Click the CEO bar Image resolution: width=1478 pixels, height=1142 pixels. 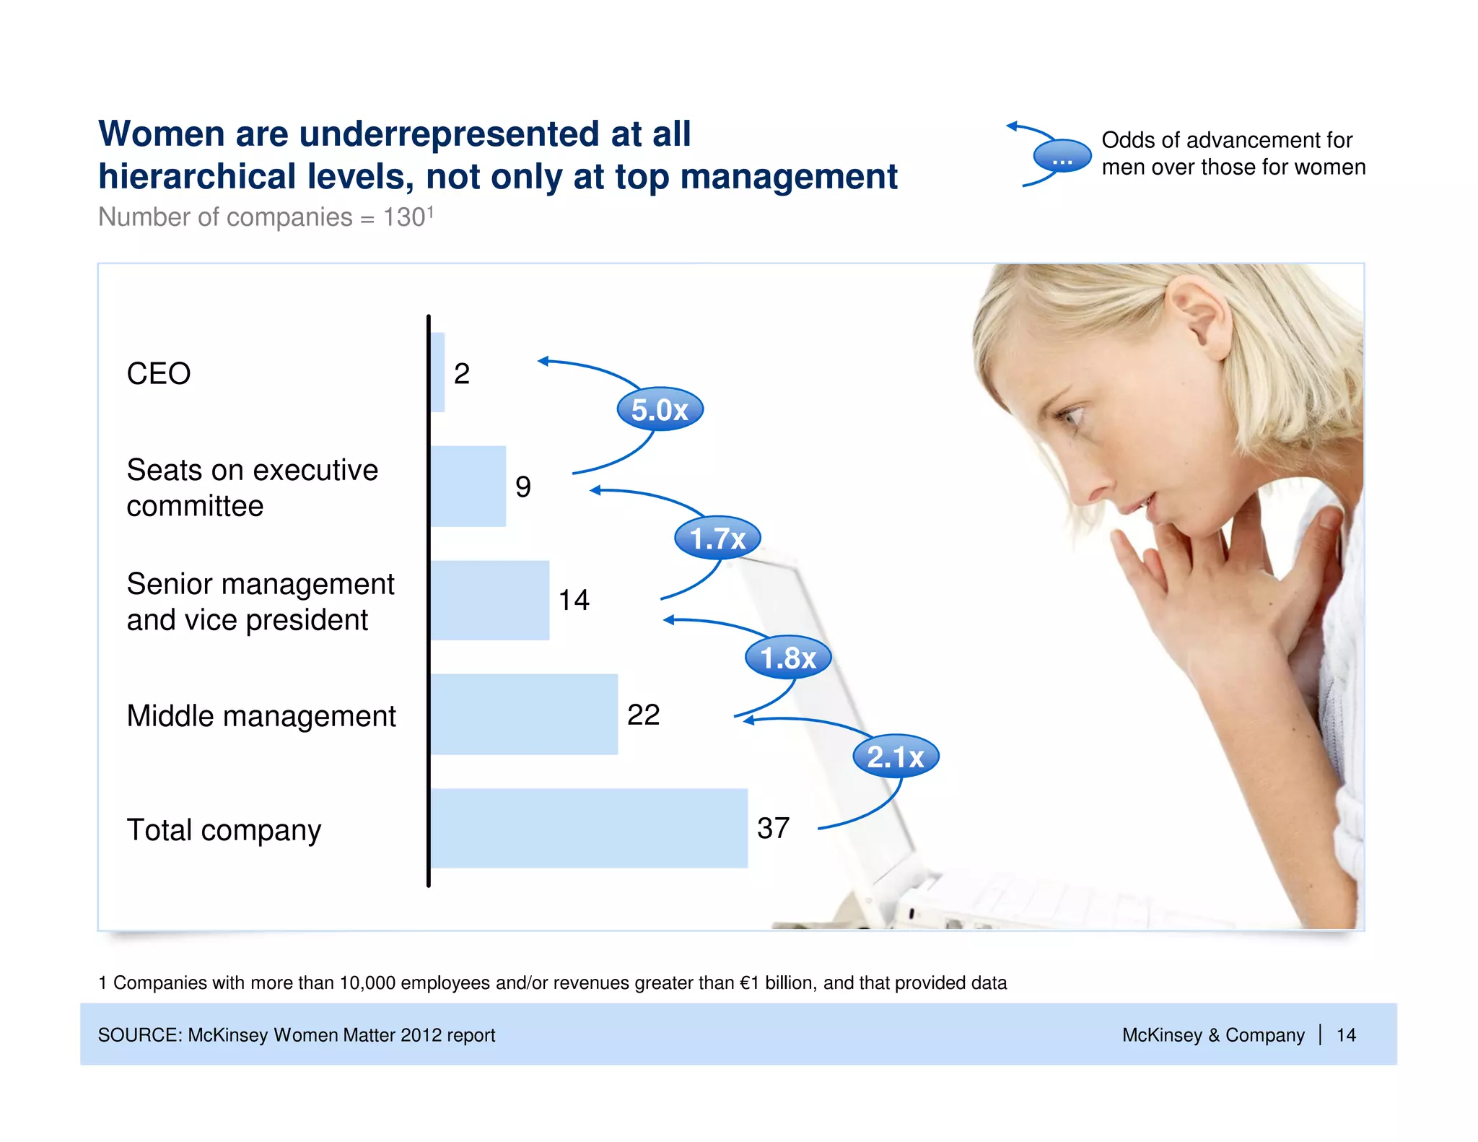click(x=437, y=372)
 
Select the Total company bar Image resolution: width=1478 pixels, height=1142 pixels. click(x=589, y=828)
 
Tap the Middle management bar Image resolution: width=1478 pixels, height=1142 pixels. click(x=524, y=714)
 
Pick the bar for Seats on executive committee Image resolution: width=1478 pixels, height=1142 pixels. click(x=468, y=486)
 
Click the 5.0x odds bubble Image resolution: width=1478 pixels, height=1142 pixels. click(x=660, y=409)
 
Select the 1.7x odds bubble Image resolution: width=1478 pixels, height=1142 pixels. click(x=717, y=538)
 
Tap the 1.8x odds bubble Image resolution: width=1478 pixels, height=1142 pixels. click(x=788, y=657)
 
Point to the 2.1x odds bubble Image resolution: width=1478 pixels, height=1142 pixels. click(x=895, y=757)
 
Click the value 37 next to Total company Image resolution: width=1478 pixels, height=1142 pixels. click(x=773, y=828)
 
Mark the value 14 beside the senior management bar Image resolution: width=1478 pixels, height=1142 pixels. click(x=574, y=600)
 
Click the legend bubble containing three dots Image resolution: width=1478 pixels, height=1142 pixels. click(x=1062, y=157)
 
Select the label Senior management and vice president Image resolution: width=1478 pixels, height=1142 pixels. click(x=260, y=601)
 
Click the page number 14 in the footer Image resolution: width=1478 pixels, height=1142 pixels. click(x=1346, y=1035)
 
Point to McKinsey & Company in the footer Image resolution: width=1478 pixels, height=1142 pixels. click(x=1212, y=1035)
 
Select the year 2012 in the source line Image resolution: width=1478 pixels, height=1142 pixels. click(x=421, y=1035)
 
